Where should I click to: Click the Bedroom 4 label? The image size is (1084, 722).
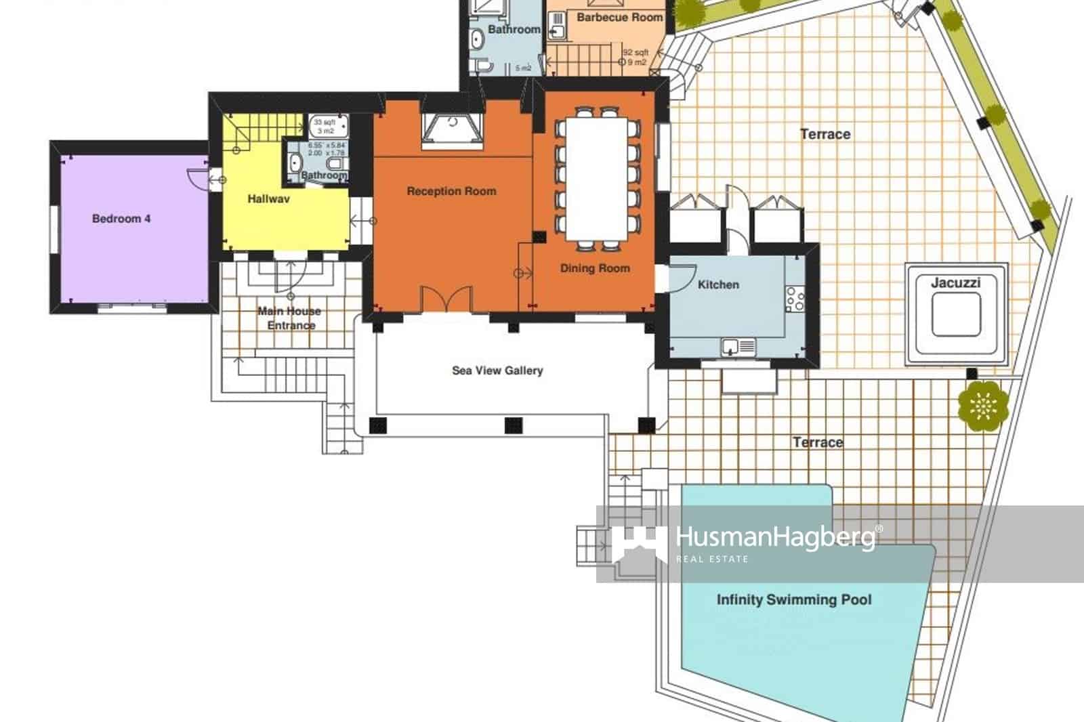(x=121, y=219)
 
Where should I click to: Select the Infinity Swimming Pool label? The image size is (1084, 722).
(x=794, y=599)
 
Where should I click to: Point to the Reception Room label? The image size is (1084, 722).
(x=451, y=191)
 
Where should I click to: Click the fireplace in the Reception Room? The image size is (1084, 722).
(x=452, y=131)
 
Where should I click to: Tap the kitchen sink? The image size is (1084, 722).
(x=737, y=347)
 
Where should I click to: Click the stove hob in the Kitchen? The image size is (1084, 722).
(x=795, y=299)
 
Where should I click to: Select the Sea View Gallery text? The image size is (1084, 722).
(x=497, y=370)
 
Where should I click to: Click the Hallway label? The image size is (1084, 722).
(x=268, y=199)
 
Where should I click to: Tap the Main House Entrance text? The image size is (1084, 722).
(x=290, y=318)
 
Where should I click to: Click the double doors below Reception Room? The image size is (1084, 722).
(x=446, y=299)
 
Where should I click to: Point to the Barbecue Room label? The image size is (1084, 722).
(x=619, y=17)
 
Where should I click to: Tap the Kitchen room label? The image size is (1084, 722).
(x=718, y=284)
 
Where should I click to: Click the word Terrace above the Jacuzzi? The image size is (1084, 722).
(x=825, y=134)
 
